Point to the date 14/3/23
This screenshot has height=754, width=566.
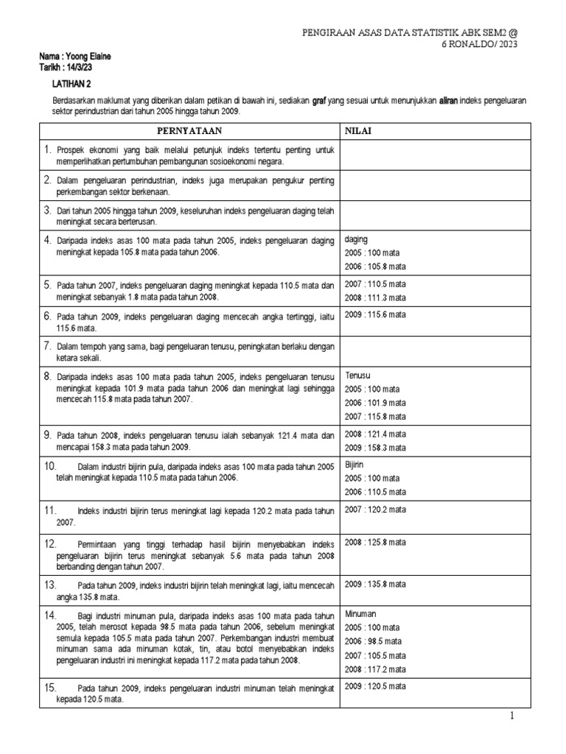[x=77, y=67]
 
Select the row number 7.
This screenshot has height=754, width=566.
[x=46, y=345]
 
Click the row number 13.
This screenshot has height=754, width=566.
[x=49, y=585]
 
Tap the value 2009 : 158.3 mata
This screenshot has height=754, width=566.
[x=375, y=447]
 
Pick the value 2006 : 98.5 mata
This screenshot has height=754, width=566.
[x=374, y=641]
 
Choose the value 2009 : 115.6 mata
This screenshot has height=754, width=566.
[x=375, y=314]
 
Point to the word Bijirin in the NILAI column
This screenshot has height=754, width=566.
[x=356, y=465]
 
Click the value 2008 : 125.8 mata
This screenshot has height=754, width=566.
[x=375, y=542]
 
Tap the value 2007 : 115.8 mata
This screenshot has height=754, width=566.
[x=375, y=417]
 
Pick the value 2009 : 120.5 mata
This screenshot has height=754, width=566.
[x=375, y=686]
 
